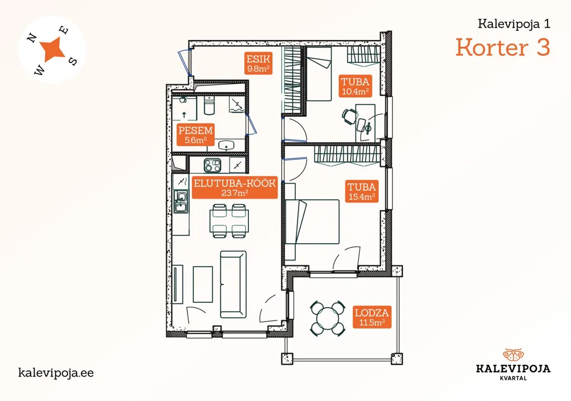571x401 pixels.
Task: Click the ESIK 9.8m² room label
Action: click(258, 64)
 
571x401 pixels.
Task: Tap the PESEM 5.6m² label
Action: click(195, 134)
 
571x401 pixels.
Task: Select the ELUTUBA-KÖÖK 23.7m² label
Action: click(234, 187)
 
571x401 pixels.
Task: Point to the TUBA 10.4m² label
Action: click(355, 86)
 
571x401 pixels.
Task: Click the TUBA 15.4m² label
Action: click(362, 191)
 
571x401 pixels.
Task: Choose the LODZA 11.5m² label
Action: click(372, 317)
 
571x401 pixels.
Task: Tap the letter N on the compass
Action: click(32, 38)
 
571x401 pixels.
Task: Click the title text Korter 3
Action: click(502, 47)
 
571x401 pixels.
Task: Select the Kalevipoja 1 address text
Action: click(514, 24)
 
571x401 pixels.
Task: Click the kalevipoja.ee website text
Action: click(56, 373)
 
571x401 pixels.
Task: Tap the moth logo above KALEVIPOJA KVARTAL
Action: click(513, 355)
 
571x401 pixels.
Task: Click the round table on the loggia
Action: click(328, 318)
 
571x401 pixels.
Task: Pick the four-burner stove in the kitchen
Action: click(212, 165)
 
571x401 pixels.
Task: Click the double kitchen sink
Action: click(181, 201)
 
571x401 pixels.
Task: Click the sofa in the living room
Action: click(233, 284)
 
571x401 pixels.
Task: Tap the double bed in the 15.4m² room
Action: click(312, 221)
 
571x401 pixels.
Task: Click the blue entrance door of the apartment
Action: click(185, 62)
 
